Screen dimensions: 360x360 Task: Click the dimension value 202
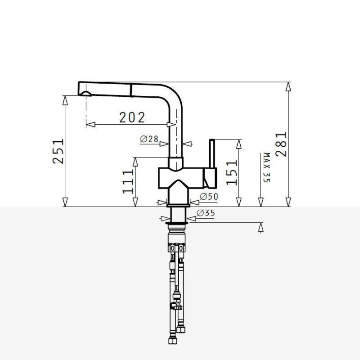pyautogui.click(x=132, y=117)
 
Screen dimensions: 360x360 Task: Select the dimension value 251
pyautogui.click(x=58, y=151)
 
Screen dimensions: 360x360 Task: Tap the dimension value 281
pyautogui.click(x=281, y=144)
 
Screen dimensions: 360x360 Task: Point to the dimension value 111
pyautogui.click(x=128, y=182)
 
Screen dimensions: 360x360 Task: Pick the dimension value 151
pyautogui.click(x=231, y=173)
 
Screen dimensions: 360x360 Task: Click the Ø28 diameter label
pyautogui.click(x=149, y=139)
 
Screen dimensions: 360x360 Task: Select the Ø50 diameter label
pyautogui.click(x=209, y=196)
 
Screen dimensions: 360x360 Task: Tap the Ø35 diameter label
pyautogui.click(x=206, y=213)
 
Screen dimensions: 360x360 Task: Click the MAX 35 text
pyautogui.click(x=266, y=167)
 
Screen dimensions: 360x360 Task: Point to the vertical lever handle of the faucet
pyautogui.click(x=212, y=153)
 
